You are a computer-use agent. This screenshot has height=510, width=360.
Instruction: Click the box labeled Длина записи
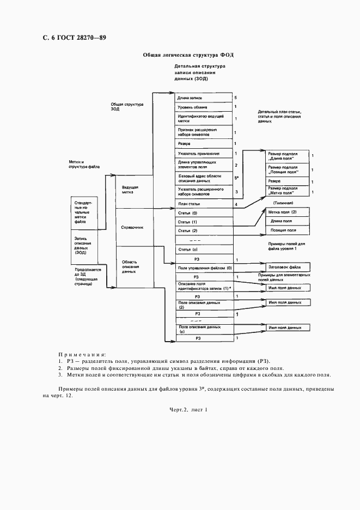click(x=203, y=98)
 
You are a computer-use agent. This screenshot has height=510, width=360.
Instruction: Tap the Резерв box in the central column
click(x=203, y=143)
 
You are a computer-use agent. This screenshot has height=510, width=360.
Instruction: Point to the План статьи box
click(x=203, y=204)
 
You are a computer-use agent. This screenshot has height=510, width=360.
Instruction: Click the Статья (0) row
click(x=203, y=213)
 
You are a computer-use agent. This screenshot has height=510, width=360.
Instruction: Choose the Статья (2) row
click(x=203, y=231)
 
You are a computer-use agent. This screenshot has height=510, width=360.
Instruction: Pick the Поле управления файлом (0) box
click(x=203, y=268)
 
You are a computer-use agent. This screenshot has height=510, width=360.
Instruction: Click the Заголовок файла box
click(x=287, y=267)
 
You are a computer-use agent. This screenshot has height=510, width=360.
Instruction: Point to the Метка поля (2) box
click(x=287, y=212)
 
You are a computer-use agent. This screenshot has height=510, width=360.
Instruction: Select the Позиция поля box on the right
click(x=287, y=230)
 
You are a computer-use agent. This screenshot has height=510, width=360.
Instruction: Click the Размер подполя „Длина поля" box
click(x=287, y=156)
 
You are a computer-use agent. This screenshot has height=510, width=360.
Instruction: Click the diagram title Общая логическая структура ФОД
click(x=188, y=55)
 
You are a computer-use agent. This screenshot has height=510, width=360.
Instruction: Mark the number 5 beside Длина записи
click(x=235, y=98)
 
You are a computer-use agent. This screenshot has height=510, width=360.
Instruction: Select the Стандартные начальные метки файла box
click(x=86, y=212)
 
